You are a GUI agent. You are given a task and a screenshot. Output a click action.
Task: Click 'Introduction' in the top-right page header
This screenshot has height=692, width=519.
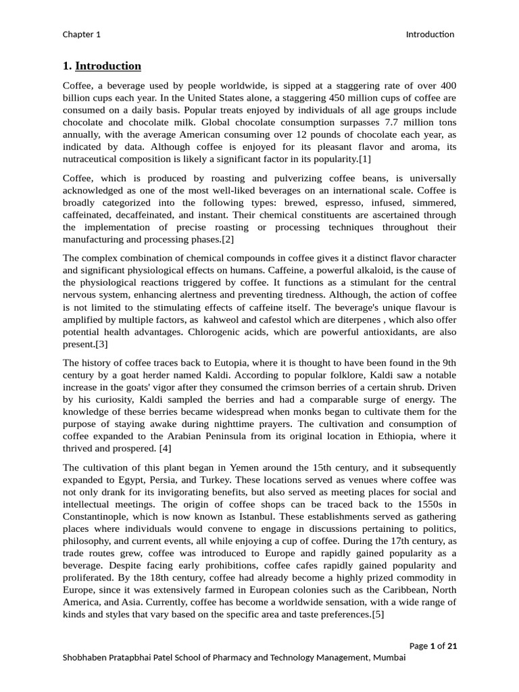coord(430,34)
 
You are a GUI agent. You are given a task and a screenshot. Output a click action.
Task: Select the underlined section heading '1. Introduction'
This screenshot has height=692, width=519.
coord(102,66)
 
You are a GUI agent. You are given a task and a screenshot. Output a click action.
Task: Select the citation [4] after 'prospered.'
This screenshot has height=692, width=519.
coord(164,448)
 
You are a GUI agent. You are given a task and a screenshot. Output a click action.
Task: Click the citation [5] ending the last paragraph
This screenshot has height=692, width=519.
coord(378,614)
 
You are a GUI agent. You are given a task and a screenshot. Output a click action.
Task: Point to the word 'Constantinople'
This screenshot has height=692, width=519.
coord(97,516)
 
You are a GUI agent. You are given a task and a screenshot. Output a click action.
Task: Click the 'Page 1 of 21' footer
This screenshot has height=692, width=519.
coord(433,645)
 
